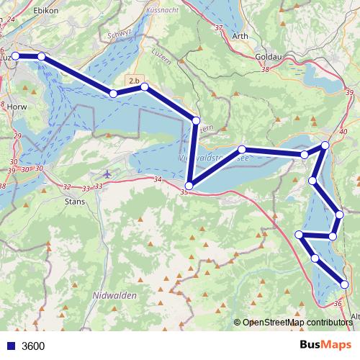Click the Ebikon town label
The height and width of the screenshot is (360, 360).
pos(46,10)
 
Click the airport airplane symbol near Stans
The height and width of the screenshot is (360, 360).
pos(107,174)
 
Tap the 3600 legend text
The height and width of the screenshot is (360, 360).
pos(33,346)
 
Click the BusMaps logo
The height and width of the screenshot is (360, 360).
pos(325,346)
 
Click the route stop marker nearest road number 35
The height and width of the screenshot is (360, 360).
pos(189,186)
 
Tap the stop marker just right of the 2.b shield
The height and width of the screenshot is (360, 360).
pos(145,87)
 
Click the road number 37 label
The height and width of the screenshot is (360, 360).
pos(219,27)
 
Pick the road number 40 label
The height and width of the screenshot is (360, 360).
pos(342,132)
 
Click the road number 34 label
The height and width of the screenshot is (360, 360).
pos(158,179)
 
